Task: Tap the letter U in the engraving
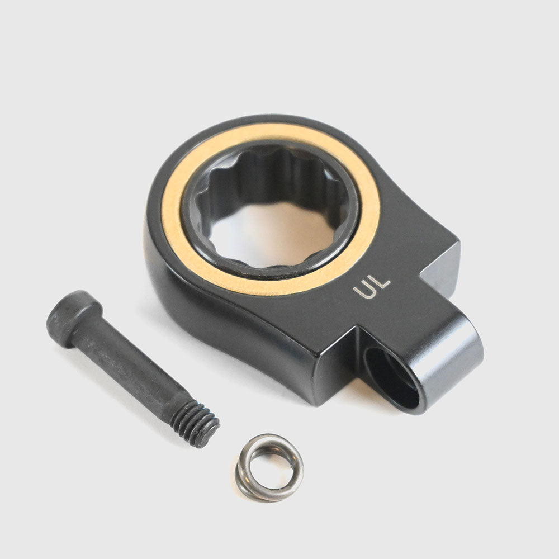(x=364, y=291)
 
